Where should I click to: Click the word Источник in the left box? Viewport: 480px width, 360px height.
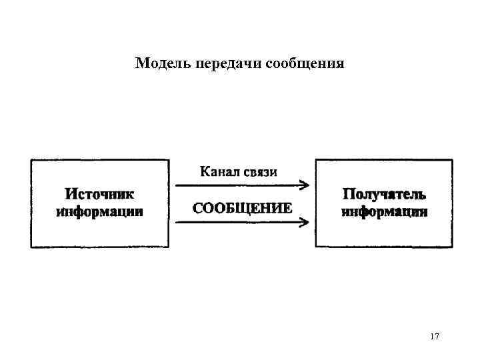click(99, 194)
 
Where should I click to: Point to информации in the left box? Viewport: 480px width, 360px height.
click(99, 212)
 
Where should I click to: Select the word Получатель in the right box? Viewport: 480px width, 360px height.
click(384, 194)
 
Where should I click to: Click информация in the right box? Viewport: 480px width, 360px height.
click(385, 212)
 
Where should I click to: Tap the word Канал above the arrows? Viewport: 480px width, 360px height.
click(221, 172)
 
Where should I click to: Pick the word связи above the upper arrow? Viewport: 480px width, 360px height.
click(261, 172)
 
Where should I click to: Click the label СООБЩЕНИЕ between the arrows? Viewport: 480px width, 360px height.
click(242, 207)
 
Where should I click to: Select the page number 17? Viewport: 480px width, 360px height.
click(435, 337)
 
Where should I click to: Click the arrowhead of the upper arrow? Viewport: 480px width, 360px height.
click(304, 185)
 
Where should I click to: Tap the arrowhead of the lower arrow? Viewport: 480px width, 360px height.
click(304, 223)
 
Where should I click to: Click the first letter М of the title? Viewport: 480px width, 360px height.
click(141, 64)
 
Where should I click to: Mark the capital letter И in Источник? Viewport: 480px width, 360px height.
click(70, 194)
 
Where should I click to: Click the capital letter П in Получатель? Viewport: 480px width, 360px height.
click(348, 194)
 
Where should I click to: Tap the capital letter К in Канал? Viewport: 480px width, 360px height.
click(205, 172)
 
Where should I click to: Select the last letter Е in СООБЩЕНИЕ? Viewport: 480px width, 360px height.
click(287, 207)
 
